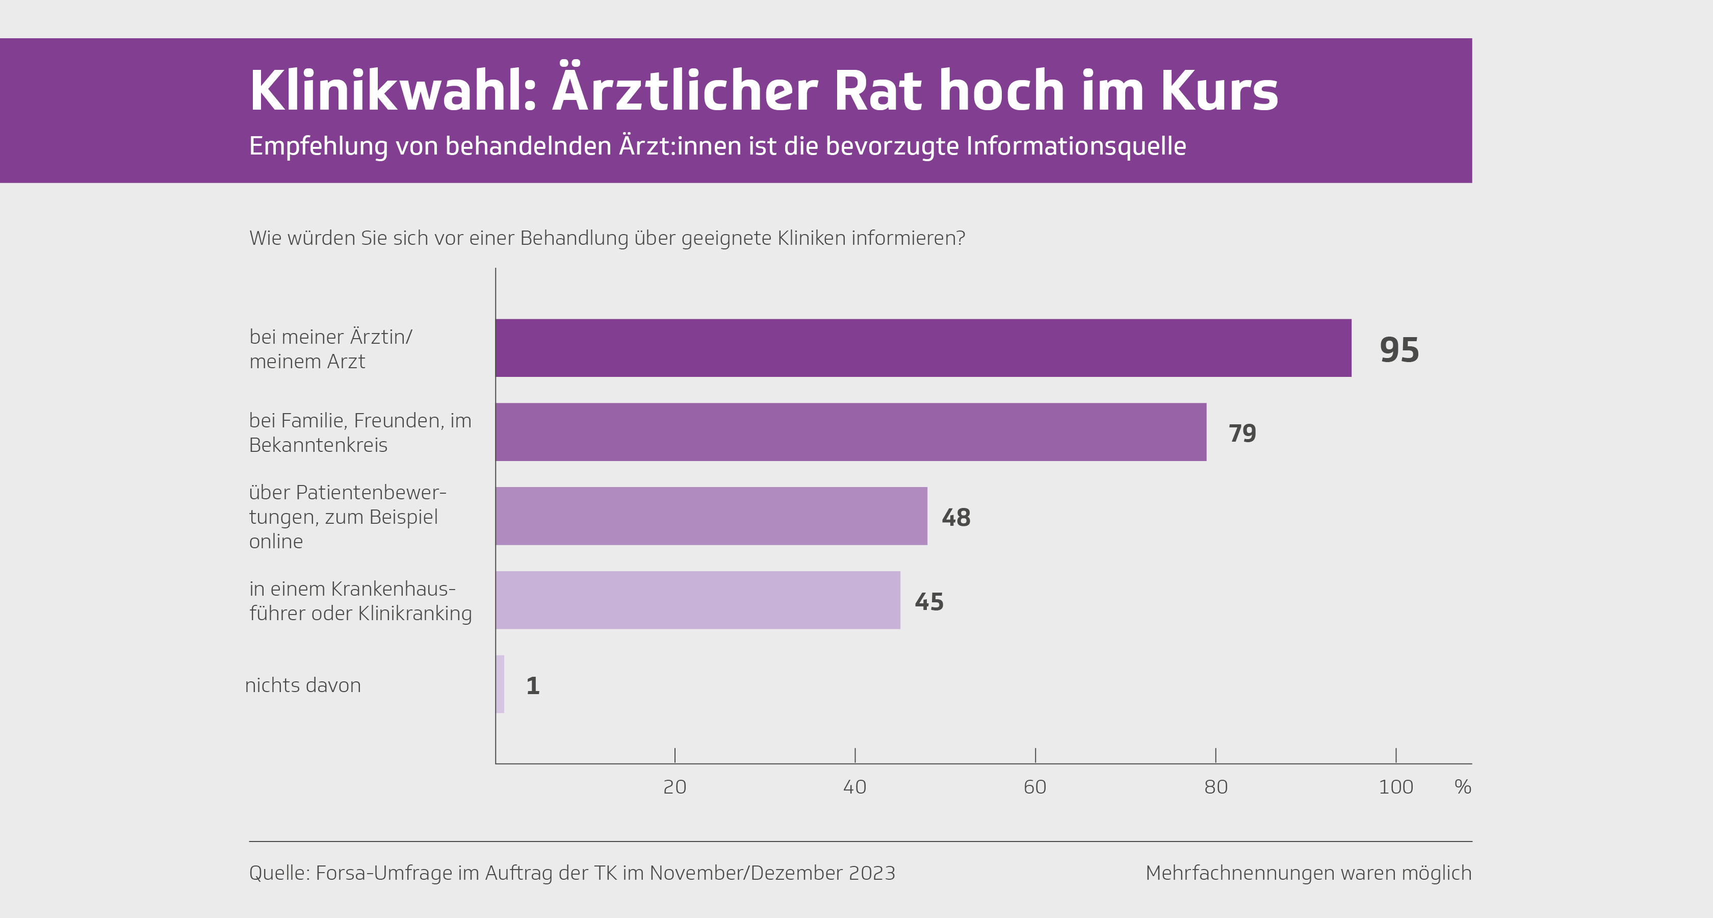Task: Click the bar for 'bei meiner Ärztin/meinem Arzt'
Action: click(923, 348)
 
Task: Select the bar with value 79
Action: click(850, 432)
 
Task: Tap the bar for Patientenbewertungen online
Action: click(711, 516)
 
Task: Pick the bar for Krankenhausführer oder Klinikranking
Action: click(697, 600)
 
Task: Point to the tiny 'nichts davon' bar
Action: click(500, 684)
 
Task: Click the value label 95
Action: click(1399, 350)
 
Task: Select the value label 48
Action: click(955, 518)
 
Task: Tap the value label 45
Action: click(929, 602)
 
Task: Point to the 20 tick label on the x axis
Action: click(674, 787)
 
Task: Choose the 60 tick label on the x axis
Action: click(1035, 787)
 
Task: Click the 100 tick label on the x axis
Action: click(1395, 787)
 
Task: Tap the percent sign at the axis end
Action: click(1462, 787)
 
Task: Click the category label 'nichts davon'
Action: click(302, 685)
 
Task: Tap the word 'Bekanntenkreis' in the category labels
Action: click(318, 445)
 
